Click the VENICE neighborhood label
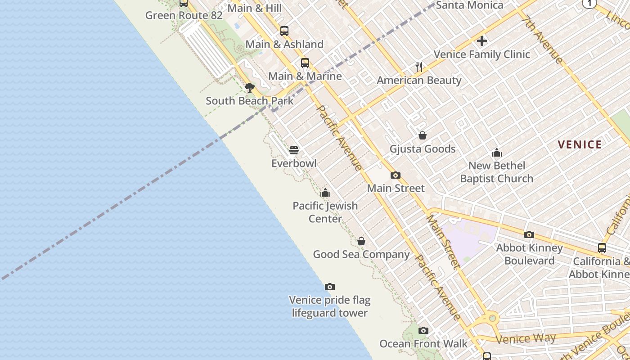(x=580, y=144)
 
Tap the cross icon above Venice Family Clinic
(x=482, y=41)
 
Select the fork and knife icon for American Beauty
(x=419, y=67)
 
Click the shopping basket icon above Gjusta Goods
(x=423, y=135)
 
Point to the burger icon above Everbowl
(x=294, y=150)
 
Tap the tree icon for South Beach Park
(x=250, y=87)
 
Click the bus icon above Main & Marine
(x=305, y=63)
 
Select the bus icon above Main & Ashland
(x=284, y=31)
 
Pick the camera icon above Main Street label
(x=396, y=175)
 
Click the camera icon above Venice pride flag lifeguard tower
(x=330, y=287)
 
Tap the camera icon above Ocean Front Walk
(x=423, y=331)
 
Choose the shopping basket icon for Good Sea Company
(x=361, y=242)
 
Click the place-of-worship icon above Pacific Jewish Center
(x=325, y=193)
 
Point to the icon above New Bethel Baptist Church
(x=497, y=153)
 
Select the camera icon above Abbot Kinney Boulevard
(x=529, y=234)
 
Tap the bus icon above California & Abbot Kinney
(x=602, y=248)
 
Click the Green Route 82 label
(x=184, y=15)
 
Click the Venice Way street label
(x=526, y=338)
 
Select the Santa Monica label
(x=469, y=5)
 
